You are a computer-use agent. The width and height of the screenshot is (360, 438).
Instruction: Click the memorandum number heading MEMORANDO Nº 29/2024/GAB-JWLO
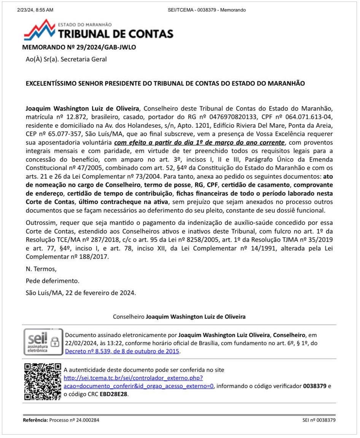(x=79, y=48)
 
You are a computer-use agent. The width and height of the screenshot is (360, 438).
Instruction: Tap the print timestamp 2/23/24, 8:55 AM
(x=35, y=10)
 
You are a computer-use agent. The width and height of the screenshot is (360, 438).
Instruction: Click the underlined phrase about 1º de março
(x=199, y=143)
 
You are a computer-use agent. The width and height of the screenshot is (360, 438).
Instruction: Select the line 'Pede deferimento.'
(x=53, y=281)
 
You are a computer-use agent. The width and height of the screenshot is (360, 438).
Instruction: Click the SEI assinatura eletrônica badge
(x=42, y=341)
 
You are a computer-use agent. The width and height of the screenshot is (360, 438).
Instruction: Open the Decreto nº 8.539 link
(x=122, y=351)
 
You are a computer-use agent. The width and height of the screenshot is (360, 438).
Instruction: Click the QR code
(x=42, y=381)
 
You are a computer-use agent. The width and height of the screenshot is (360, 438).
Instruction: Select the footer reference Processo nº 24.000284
(x=75, y=420)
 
